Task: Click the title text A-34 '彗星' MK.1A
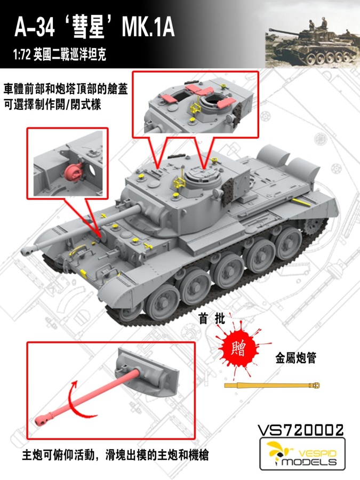click(94, 27)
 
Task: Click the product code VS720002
click(301, 429)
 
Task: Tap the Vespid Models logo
click(302, 454)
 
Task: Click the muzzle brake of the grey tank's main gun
click(27, 250)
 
